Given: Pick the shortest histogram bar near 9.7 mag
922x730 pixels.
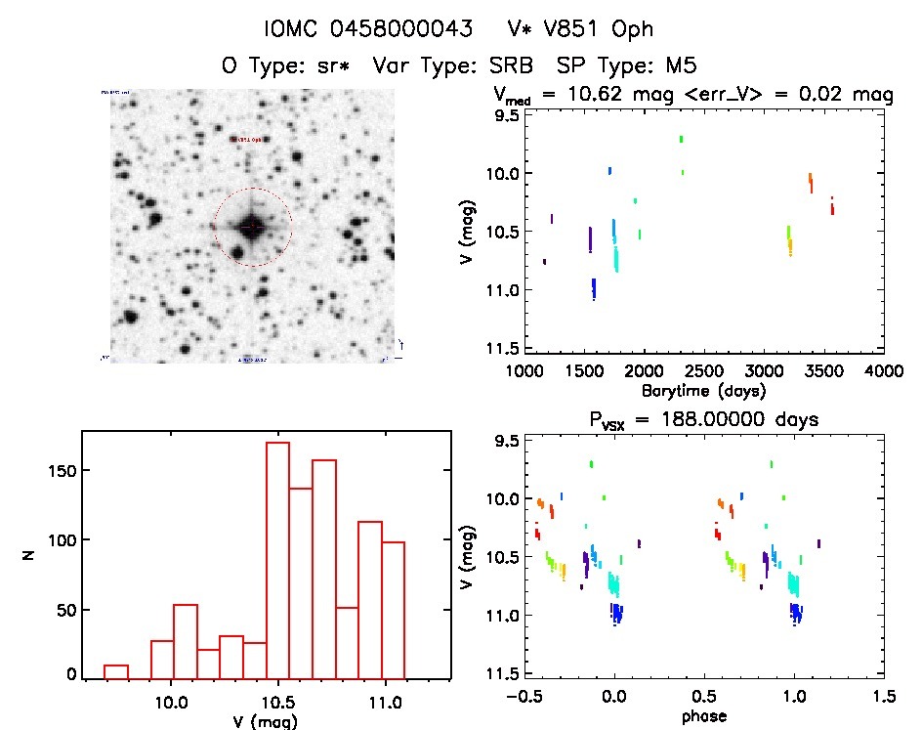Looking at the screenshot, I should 116,671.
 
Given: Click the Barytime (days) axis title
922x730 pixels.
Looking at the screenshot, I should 703,390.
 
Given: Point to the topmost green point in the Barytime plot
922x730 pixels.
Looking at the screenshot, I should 681,140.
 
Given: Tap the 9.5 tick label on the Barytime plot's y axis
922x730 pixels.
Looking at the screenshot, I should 505,115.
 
